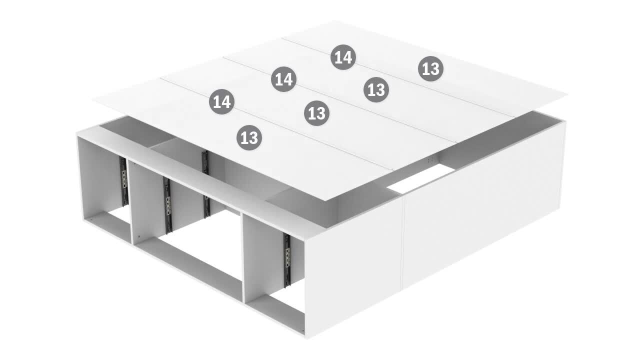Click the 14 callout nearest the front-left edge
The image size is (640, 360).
click(221, 101)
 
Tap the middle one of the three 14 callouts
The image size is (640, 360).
click(283, 79)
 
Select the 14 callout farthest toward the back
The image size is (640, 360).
click(343, 57)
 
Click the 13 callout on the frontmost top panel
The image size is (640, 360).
click(249, 137)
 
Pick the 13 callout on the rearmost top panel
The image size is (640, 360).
click(430, 68)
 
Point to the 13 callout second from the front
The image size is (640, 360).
click(316, 113)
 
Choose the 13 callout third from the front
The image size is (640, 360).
click(376, 89)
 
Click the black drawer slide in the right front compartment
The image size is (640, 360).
click(287, 260)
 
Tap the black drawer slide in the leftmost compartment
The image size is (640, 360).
click(123, 181)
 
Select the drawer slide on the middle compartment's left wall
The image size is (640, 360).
click(167, 205)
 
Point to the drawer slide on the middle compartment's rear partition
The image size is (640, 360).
click(206, 184)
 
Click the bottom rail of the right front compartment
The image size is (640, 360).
click(275, 313)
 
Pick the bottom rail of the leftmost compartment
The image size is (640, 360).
click(108, 226)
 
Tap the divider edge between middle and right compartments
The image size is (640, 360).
click(242, 257)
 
